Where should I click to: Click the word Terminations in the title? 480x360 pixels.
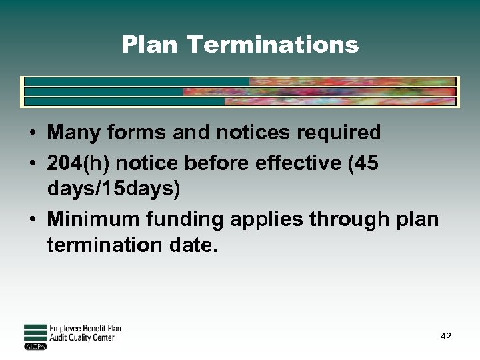click(x=273, y=45)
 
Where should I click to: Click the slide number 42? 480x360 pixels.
click(x=446, y=337)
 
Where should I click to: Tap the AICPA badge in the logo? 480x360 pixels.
click(x=35, y=346)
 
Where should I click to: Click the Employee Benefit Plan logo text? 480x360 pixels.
click(x=85, y=329)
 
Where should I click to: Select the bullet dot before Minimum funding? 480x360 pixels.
click(x=32, y=219)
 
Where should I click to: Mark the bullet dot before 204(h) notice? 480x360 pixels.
click(x=32, y=163)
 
